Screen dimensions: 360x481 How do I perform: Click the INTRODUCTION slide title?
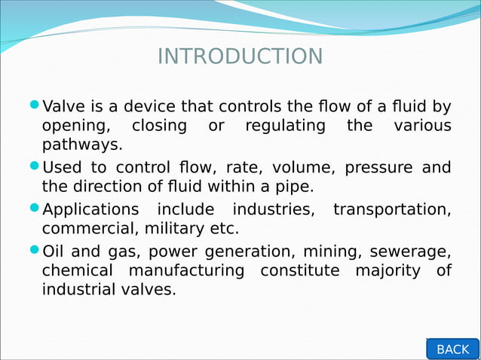[x=240, y=56]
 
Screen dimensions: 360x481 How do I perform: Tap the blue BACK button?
[x=452, y=349]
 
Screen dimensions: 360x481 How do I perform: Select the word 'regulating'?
[x=285, y=125]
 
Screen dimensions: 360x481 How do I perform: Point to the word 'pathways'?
[x=81, y=145]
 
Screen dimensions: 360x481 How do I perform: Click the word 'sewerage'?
[x=417, y=251]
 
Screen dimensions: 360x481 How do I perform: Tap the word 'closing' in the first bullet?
[x=158, y=125]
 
